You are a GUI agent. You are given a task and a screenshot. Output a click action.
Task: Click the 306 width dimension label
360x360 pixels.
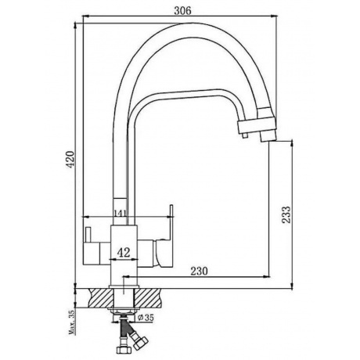tap(182, 11)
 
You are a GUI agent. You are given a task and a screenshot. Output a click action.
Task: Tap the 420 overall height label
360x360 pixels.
tap(70, 159)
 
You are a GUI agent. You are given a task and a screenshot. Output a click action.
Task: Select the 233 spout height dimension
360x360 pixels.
tap(286, 214)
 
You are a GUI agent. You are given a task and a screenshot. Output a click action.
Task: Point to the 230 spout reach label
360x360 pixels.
tap(199, 271)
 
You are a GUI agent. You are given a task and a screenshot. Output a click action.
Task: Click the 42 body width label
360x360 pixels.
tap(123, 252)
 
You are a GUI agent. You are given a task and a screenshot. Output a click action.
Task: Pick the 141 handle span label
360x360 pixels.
tap(121, 213)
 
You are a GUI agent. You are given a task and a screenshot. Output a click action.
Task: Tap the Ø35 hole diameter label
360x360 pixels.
tap(146, 318)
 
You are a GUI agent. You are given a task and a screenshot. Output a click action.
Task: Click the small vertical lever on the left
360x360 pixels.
tap(88, 235)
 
